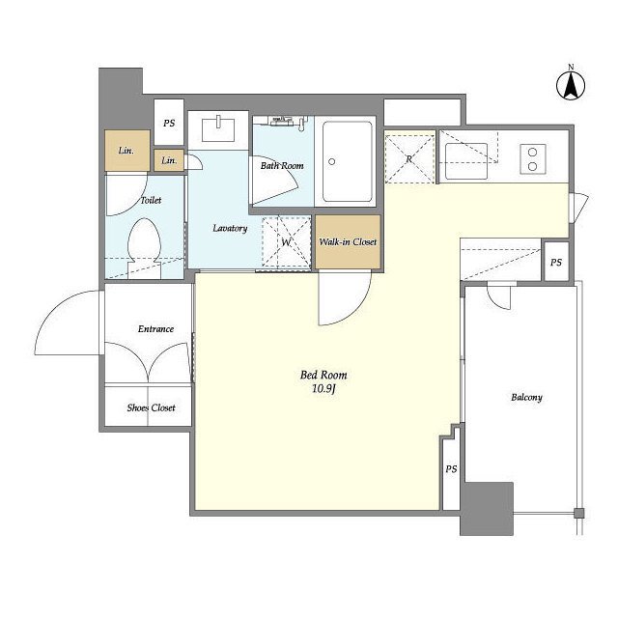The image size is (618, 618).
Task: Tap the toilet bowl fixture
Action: pyautogui.click(x=144, y=248)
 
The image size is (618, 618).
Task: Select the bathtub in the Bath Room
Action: pyautogui.click(x=347, y=161)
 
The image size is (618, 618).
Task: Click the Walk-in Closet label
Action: pyautogui.click(x=348, y=242)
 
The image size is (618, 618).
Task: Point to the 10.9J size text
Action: pyautogui.click(x=323, y=389)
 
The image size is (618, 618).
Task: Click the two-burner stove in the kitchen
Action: pyautogui.click(x=532, y=158)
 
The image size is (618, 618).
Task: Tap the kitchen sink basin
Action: pyautogui.click(x=466, y=161)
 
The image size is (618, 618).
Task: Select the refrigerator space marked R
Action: pyautogui.click(x=409, y=158)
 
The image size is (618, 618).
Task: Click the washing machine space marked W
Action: pyautogui.click(x=287, y=242)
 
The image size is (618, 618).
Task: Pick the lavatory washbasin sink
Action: pyautogui.click(x=218, y=129)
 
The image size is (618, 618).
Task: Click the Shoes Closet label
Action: pyautogui.click(x=151, y=407)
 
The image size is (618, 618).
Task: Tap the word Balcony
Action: pyautogui.click(x=526, y=397)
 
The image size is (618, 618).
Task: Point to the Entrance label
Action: pyautogui.click(x=155, y=329)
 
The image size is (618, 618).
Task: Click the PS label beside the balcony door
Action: pyautogui.click(x=556, y=262)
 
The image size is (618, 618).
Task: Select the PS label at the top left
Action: pyautogui.click(x=169, y=124)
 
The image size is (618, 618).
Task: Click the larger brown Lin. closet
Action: pyautogui.click(x=126, y=151)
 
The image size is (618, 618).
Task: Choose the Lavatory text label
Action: pyautogui.click(x=230, y=228)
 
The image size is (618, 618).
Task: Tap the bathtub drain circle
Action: pyautogui.click(x=332, y=161)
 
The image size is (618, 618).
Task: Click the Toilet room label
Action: pyautogui.click(x=151, y=200)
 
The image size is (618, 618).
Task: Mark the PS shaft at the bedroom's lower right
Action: pyautogui.click(x=451, y=468)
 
